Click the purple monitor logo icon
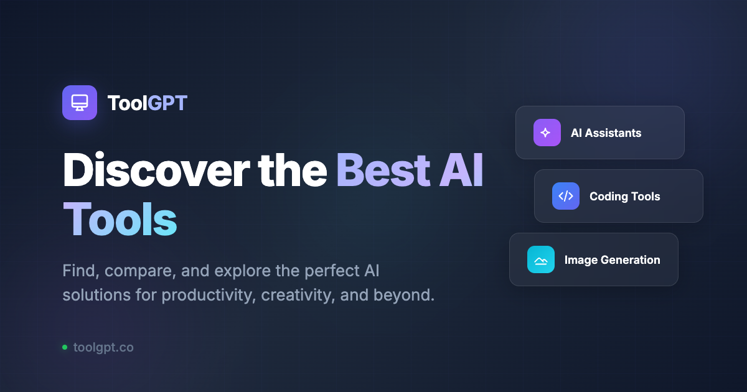[80, 103]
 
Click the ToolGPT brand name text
[147, 103]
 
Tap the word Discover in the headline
[156, 170]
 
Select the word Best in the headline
[383, 170]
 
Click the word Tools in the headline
[120, 219]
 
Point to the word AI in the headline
[461, 170]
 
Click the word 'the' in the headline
[292, 170]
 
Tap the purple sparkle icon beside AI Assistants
[547, 133]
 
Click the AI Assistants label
[606, 133]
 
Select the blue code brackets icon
[566, 196]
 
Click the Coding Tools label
[624, 197]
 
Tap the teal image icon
[540, 259]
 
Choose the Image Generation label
[613, 259]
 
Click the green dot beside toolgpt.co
[65, 347]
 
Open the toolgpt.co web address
[103, 347]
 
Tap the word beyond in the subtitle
[404, 295]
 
